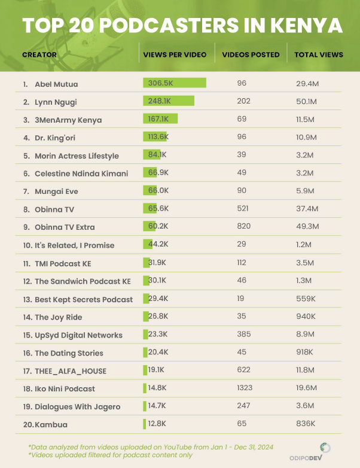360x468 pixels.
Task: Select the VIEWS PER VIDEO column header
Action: pyautogui.click(x=175, y=54)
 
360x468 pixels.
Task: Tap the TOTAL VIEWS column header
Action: pyautogui.click(x=319, y=54)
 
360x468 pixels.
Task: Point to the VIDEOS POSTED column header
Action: pyautogui.click(x=251, y=54)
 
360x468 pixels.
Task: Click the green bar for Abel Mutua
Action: pyautogui.click(x=174, y=83)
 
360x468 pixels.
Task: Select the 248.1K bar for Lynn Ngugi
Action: pyautogui.click(x=169, y=101)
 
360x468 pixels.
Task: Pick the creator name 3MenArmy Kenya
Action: pyautogui.click(x=68, y=120)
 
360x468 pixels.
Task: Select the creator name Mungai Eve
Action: pyautogui.click(x=56, y=192)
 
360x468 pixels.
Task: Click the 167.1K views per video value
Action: pyautogui.click(x=158, y=119)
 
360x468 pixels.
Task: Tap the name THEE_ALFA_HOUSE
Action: pyautogui.click(x=71, y=371)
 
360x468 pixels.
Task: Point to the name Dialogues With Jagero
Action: pyautogui.click(x=77, y=407)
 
